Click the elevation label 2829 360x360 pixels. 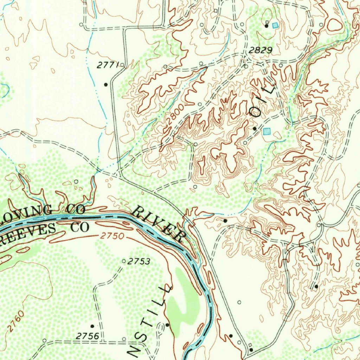click(x=261, y=51)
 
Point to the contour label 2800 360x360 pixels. click(x=175, y=113)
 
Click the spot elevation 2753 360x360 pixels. click(x=139, y=262)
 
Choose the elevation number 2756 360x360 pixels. click(x=87, y=336)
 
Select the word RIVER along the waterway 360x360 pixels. click(x=159, y=224)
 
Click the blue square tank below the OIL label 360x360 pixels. click(x=267, y=131)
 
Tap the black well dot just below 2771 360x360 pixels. click(x=105, y=84)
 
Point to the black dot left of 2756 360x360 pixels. click(x=92, y=326)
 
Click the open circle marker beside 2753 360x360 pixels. click(x=123, y=261)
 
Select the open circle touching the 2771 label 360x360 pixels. click(x=122, y=65)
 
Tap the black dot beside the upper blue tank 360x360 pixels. click(x=266, y=26)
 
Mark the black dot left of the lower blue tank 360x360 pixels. click(x=255, y=129)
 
